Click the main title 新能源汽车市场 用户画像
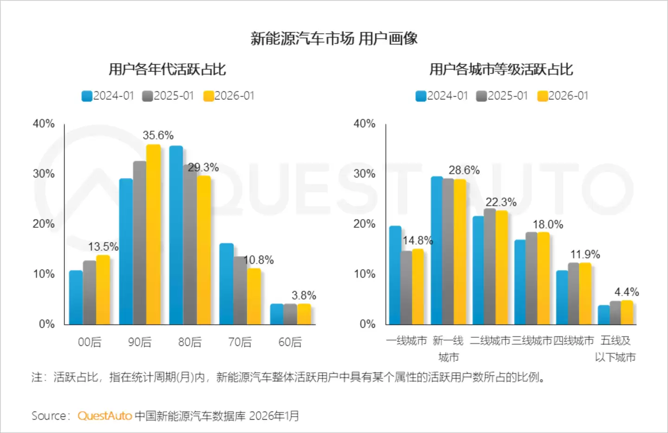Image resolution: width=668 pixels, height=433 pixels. [334, 39]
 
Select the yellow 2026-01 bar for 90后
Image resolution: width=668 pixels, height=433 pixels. [154, 234]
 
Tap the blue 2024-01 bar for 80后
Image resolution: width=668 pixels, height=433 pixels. [176, 235]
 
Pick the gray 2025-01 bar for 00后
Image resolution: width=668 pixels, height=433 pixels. [90, 292]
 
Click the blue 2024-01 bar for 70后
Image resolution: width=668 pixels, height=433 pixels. [226, 284]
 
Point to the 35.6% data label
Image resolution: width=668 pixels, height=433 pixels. [158, 136]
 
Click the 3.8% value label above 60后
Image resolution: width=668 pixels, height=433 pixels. [304, 296]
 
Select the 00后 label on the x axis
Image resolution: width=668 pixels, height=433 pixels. [90, 342]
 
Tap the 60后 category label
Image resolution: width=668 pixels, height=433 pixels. [290, 342]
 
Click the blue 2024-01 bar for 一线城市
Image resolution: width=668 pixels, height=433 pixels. [395, 275]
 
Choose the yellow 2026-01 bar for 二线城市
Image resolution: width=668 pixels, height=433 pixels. [501, 267]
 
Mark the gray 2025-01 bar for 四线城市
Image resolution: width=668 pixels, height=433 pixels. [573, 293]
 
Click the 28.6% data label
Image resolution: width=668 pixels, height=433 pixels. [464, 170]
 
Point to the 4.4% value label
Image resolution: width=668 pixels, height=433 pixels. [626, 292]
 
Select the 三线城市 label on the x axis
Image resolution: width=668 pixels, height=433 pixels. [532, 341]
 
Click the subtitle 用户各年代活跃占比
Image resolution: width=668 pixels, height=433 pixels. [167, 70]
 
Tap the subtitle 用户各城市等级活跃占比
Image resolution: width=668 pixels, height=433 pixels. [501, 70]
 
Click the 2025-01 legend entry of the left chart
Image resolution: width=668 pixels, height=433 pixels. [168, 96]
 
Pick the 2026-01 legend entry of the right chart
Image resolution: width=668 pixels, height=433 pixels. [563, 96]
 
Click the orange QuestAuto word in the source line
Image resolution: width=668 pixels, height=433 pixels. [105, 416]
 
